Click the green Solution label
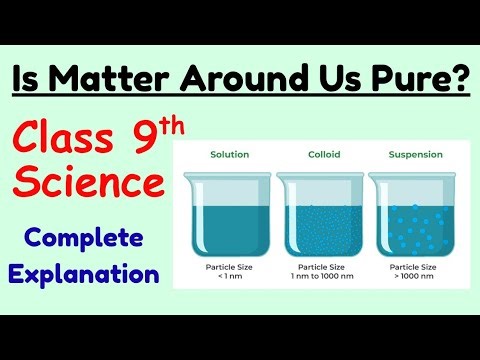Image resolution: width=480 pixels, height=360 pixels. coord(229,155)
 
